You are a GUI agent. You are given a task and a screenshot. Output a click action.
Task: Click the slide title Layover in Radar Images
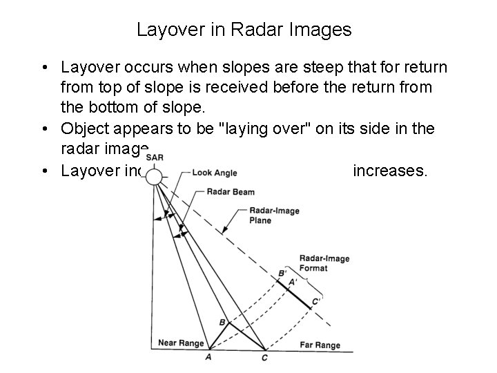(x=244, y=30)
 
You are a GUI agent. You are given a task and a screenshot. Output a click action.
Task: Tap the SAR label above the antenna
(x=155, y=157)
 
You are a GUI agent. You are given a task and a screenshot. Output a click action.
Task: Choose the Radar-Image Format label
(x=324, y=262)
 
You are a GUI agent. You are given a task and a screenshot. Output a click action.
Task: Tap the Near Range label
(x=181, y=343)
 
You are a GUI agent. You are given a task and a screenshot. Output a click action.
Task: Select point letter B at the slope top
(x=222, y=322)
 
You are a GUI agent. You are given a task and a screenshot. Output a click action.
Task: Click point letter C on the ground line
(x=265, y=357)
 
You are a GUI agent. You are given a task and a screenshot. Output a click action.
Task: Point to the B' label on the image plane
(x=282, y=274)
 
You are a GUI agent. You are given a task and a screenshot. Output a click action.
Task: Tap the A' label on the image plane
(x=292, y=282)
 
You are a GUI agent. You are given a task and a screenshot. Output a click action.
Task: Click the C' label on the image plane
(x=316, y=301)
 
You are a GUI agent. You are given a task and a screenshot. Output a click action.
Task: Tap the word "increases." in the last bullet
(x=390, y=170)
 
